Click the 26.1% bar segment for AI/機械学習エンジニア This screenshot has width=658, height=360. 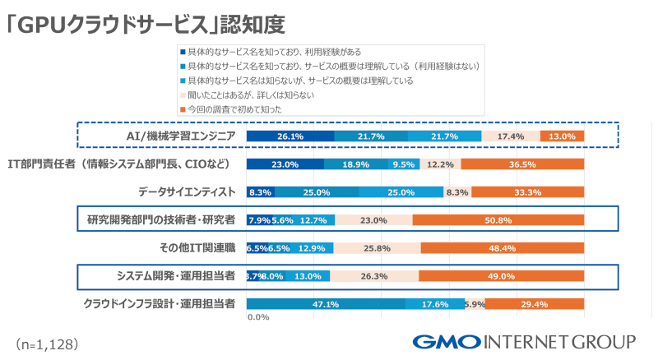(x=290, y=136)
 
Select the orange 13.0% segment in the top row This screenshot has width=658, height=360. (x=563, y=136)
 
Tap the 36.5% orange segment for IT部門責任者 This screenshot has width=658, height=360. (x=522, y=164)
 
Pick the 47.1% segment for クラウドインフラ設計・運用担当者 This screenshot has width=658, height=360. (x=327, y=303)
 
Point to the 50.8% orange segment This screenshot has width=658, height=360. (x=498, y=219)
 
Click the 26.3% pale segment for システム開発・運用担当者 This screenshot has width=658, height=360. (x=374, y=275)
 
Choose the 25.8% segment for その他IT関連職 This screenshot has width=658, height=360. (x=378, y=247)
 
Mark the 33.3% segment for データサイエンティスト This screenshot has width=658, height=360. (x=527, y=192)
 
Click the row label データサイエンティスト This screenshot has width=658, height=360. (x=187, y=192)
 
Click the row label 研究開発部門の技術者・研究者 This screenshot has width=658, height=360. (x=161, y=219)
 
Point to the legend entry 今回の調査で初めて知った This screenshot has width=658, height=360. (x=234, y=108)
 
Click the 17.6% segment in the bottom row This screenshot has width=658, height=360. (x=435, y=303)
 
